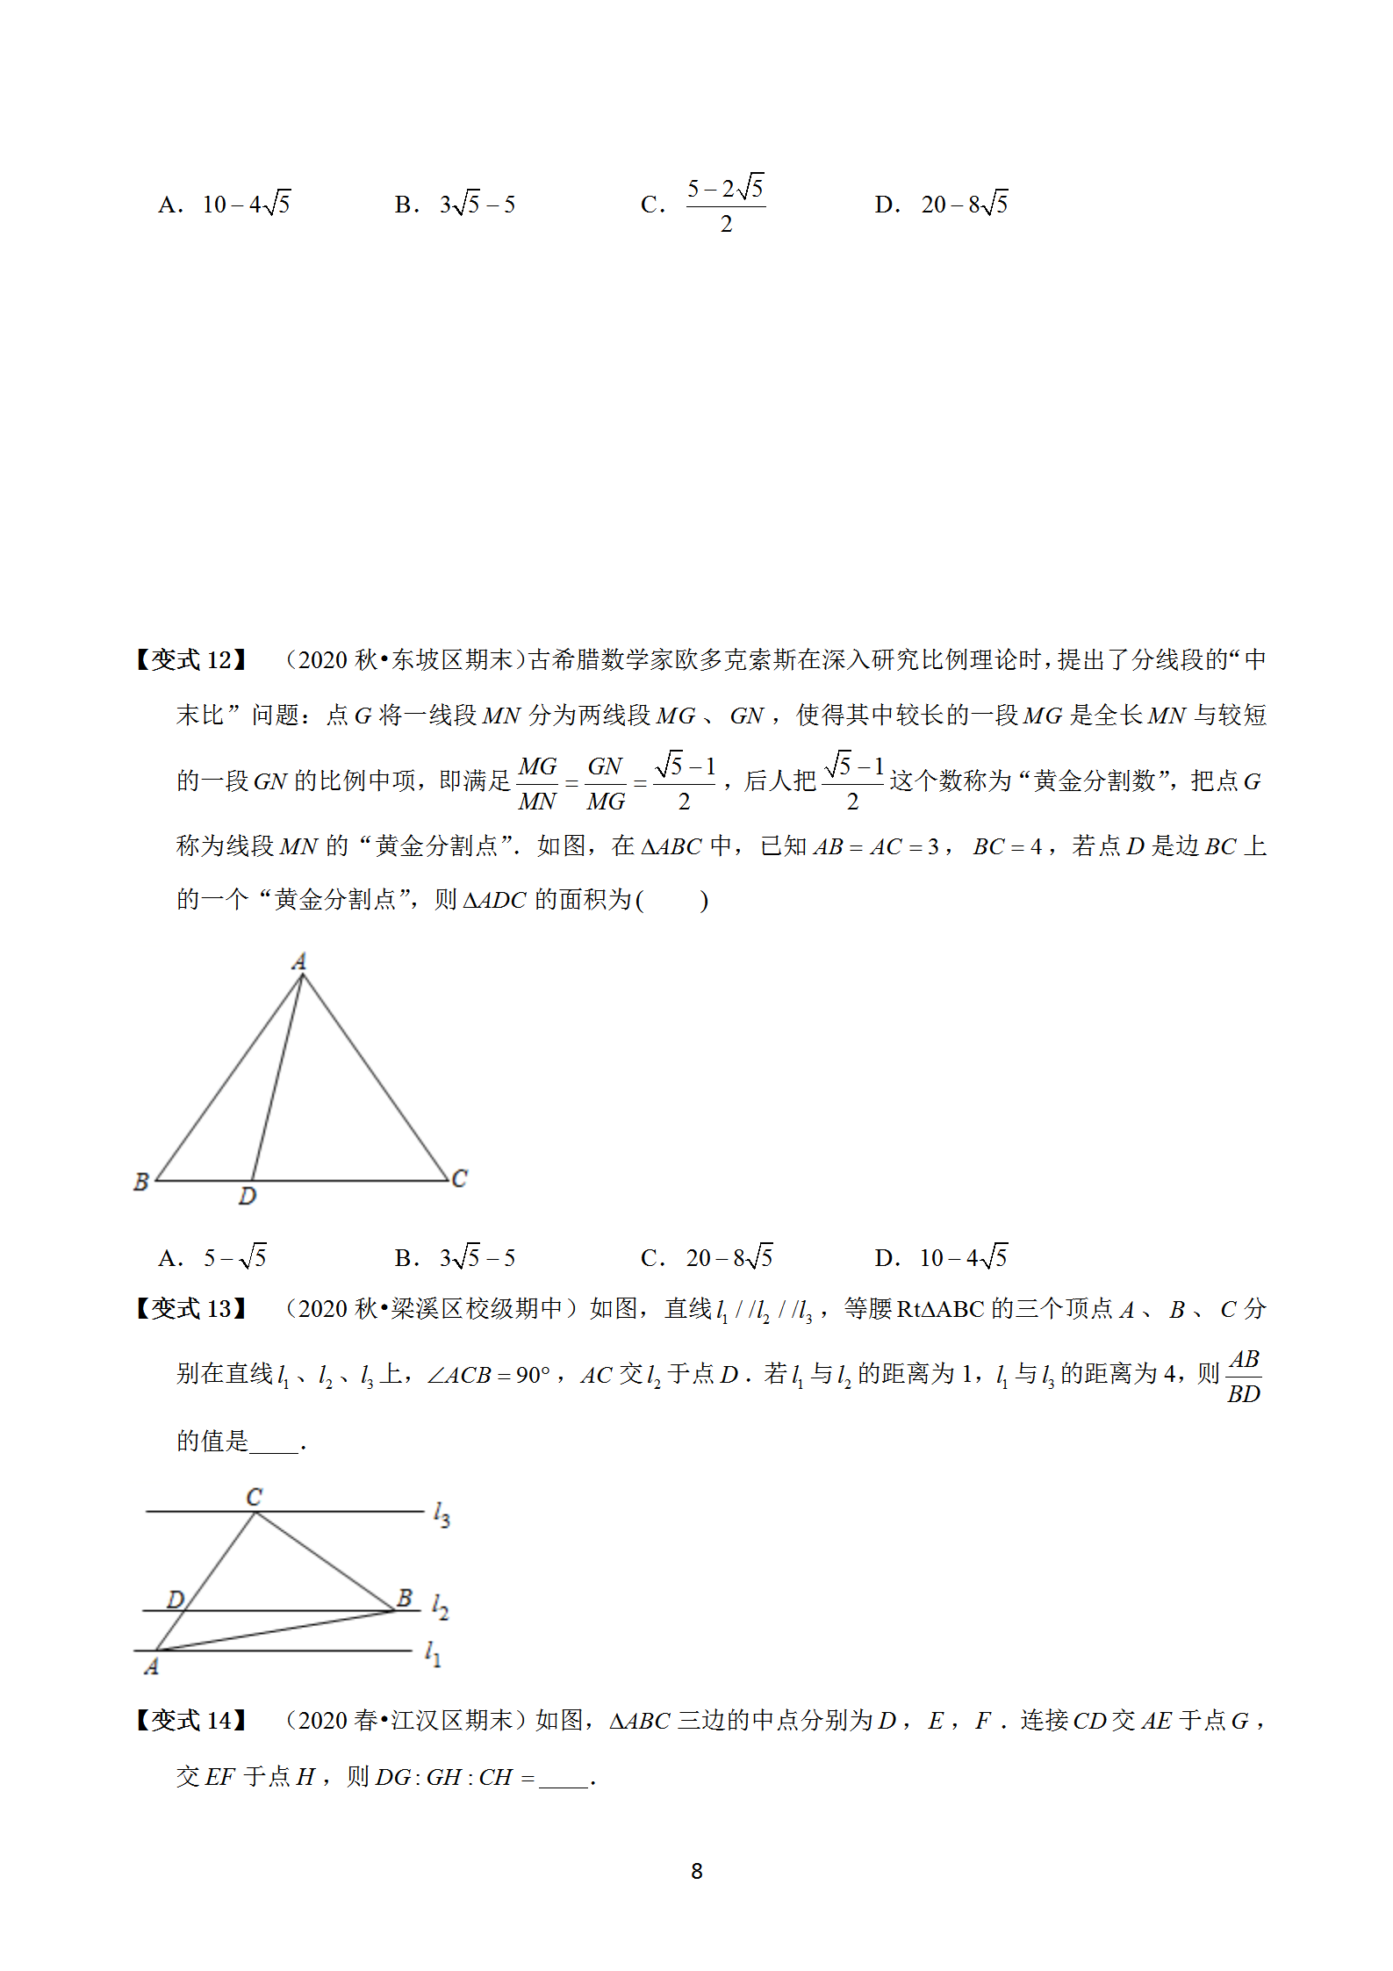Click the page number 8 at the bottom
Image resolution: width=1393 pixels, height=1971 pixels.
click(696, 1871)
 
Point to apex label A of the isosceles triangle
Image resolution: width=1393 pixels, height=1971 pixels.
click(299, 961)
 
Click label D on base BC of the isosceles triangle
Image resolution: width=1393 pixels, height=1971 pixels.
click(248, 1196)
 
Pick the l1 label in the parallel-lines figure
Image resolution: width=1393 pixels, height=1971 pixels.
click(433, 1654)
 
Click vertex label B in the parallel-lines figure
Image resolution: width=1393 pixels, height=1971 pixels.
click(405, 1598)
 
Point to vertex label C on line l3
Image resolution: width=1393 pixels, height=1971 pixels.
click(254, 1497)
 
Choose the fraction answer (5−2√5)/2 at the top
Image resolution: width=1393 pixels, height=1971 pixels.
click(725, 205)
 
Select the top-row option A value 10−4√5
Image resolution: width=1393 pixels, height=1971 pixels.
click(246, 205)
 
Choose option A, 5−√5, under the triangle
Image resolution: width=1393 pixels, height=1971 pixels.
click(234, 1257)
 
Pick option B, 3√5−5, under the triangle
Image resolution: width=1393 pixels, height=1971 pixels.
click(477, 1257)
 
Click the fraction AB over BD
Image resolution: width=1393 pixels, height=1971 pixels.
click(1243, 1377)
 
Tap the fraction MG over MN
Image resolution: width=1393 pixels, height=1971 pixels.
click(537, 784)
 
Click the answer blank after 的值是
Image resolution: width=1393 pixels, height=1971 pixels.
click(274, 1442)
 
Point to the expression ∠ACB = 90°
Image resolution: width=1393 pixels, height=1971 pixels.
click(488, 1375)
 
